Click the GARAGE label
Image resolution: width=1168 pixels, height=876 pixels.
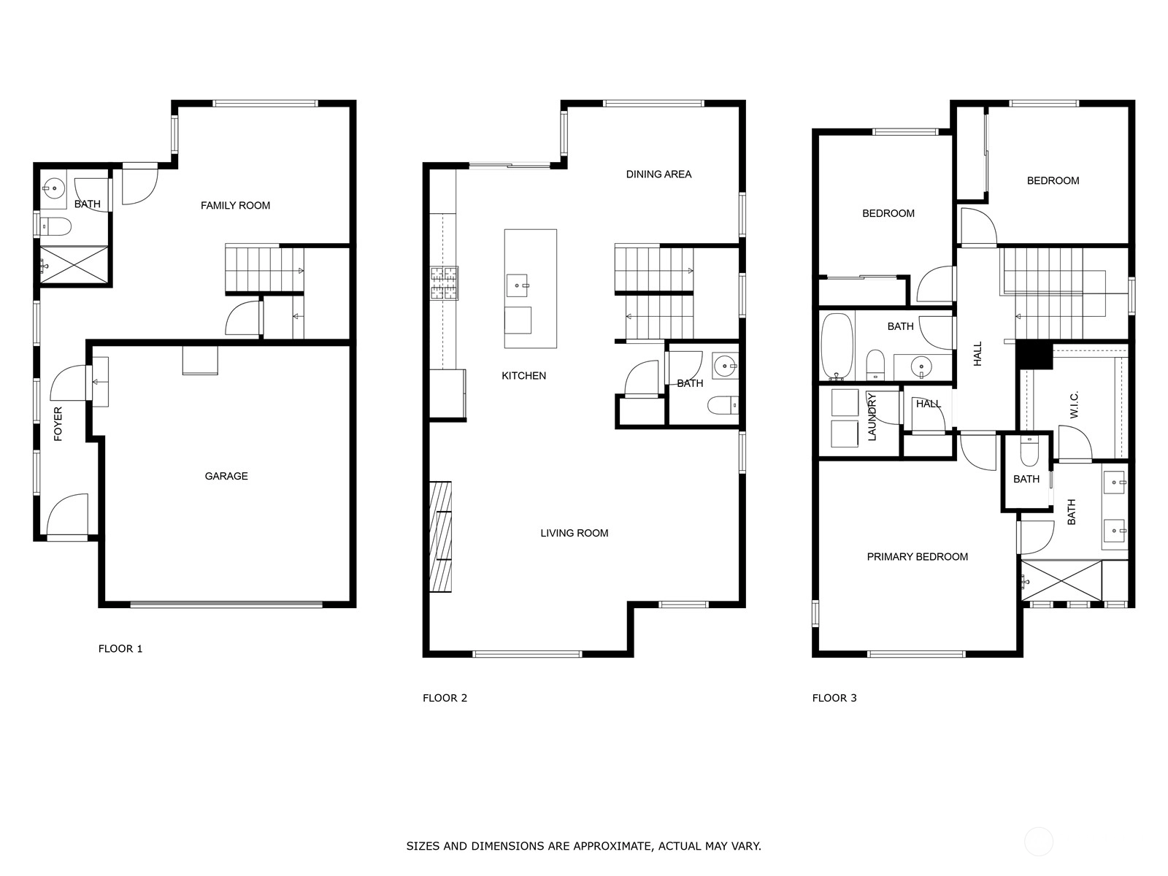[x=226, y=476]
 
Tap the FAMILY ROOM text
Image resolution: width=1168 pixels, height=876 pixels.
[x=235, y=205]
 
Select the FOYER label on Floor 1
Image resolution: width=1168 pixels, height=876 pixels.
[x=58, y=424]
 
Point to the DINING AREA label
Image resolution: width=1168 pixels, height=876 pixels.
[x=658, y=174]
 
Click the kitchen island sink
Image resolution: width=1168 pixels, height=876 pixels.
[x=518, y=285]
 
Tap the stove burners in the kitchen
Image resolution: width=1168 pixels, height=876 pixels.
[x=444, y=283]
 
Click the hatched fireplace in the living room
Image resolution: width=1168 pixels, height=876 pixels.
[x=441, y=537]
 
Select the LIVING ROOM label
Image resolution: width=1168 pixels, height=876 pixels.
[x=575, y=533]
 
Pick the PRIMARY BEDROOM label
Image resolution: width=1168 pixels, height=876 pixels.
[x=918, y=557]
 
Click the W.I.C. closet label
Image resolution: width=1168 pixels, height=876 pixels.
[x=1074, y=404]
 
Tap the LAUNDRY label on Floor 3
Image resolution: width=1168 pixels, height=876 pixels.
[x=872, y=417]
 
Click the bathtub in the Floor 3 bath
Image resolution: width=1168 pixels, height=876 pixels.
[x=837, y=346]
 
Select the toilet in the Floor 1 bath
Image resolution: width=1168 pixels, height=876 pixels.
[x=55, y=227]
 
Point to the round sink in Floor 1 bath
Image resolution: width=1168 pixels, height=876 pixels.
[x=54, y=188]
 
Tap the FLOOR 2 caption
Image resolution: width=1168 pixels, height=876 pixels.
[x=445, y=698]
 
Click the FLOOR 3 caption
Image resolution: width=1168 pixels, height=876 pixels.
[x=834, y=698]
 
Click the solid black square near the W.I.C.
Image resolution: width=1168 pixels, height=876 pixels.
[x=1034, y=355]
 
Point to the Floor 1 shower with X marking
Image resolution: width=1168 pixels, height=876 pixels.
[x=74, y=265]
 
